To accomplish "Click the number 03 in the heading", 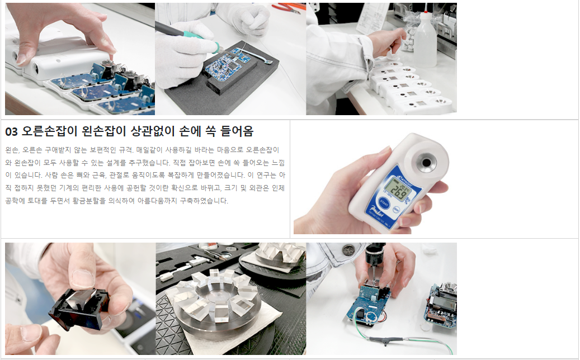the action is tap(12, 131).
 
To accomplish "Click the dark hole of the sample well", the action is tap(426, 163).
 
